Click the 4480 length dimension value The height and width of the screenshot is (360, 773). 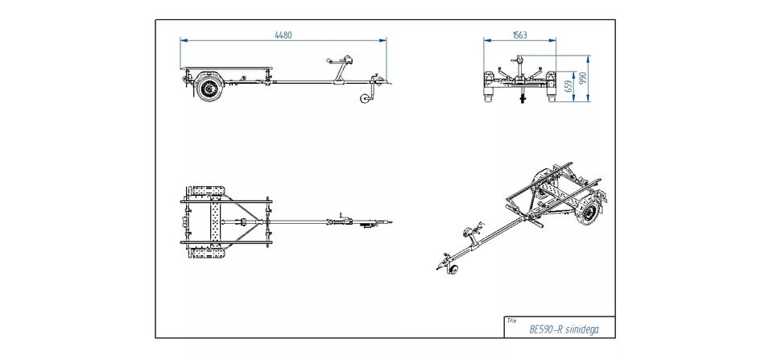tap(283, 35)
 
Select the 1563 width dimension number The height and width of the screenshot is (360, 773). tap(520, 35)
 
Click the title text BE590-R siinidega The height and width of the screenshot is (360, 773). tap(564, 330)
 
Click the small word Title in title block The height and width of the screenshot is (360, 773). tap(511, 321)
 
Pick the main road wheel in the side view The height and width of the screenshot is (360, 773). tap(210, 89)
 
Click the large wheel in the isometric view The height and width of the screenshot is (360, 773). tap(592, 211)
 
